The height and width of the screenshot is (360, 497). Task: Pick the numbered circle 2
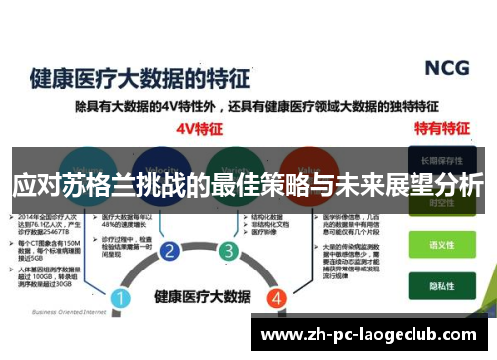[x=170, y=250]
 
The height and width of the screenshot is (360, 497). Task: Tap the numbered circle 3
[x=229, y=250]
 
